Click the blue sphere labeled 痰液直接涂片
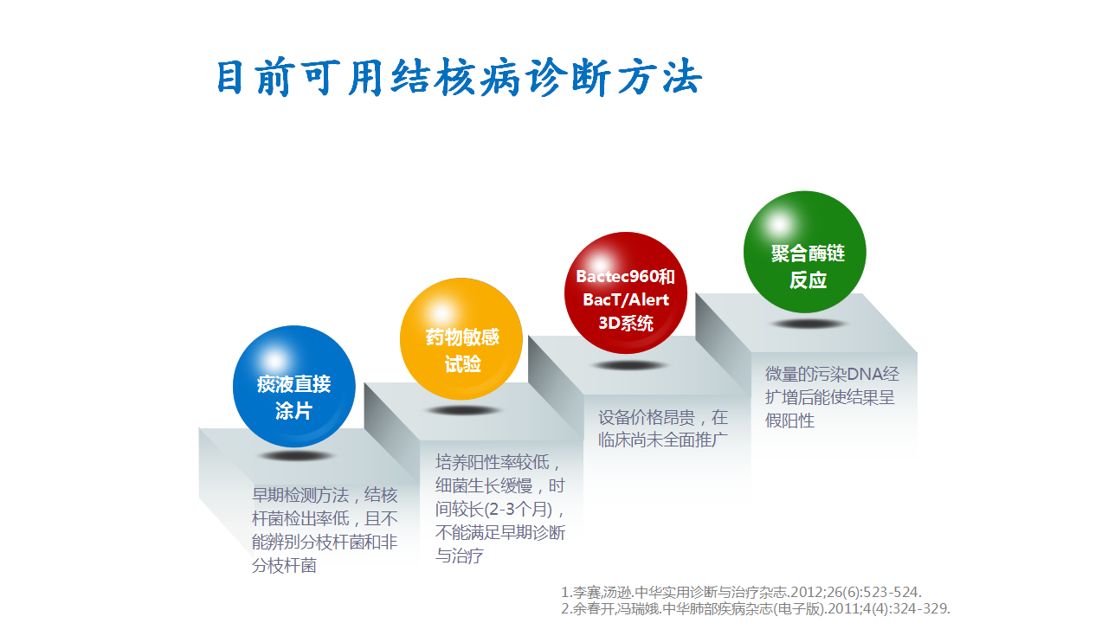(x=294, y=386)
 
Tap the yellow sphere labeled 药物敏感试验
(x=461, y=338)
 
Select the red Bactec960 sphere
(x=626, y=292)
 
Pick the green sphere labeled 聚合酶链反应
(x=805, y=252)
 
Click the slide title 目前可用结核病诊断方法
(x=460, y=77)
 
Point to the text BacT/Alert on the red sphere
(x=626, y=299)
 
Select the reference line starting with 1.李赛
(x=741, y=592)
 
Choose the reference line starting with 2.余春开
(x=756, y=608)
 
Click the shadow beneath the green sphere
(x=808, y=324)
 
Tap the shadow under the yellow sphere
(x=463, y=410)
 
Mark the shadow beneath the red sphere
(x=628, y=366)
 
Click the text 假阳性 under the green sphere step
(x=789, y=421)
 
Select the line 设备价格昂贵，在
(x=663, y=418)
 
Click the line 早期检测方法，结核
(x=325, y=495)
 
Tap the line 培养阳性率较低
(x=498, y=462)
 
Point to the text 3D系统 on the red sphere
(x=626, y=324)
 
